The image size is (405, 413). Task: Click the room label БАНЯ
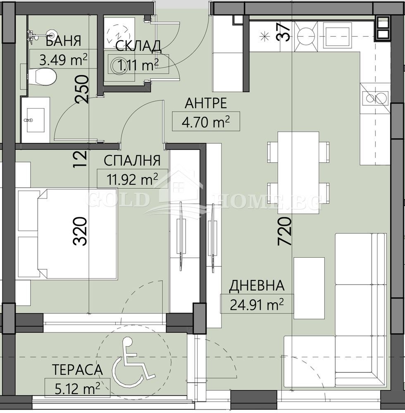(x=63, y=42)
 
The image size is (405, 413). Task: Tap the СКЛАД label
(x=138, y=46)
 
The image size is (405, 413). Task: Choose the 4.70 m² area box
(x=206, y=122)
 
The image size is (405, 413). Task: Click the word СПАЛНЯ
(x=131, y=160)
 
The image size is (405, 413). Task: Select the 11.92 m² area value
(x=127, y=179)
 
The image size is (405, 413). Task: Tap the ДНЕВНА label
(x=257, y=285)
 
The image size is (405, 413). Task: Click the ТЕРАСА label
(x=77, y=370)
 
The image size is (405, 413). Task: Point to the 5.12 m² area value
(x=77, y=388)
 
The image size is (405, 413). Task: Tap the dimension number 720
(x=285, y=231)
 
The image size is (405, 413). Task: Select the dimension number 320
(x=81, y=231)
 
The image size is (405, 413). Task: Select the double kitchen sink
(x=375, y=98)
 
